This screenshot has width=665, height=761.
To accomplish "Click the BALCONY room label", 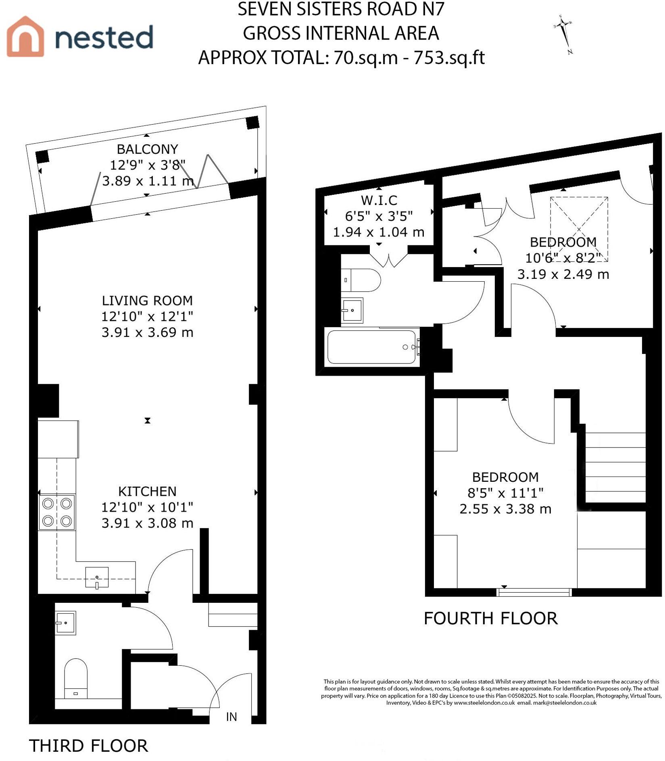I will coord(147,149).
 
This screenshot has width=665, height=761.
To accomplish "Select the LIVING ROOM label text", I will coord(147,301).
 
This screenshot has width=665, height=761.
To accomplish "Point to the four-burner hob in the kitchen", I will coord(57,512).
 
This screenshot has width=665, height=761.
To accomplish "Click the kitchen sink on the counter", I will coord(97,577).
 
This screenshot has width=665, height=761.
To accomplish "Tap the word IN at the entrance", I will coord(231,717).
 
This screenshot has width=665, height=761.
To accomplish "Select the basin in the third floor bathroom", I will coord(65,623).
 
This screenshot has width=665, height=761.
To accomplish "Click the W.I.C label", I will coord(379,200).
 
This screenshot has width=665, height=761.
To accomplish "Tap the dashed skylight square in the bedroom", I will coord(579,229).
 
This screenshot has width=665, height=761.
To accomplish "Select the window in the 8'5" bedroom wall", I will coord(534,592).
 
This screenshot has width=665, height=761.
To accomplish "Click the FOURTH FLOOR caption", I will coord(490,619).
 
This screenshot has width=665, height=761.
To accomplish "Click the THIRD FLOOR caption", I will coord(89,746).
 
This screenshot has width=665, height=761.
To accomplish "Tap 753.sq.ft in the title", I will coord(449,58).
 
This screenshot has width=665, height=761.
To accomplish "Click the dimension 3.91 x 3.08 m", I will coord(147,523).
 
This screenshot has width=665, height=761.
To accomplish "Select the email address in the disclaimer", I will coord(565,702).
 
